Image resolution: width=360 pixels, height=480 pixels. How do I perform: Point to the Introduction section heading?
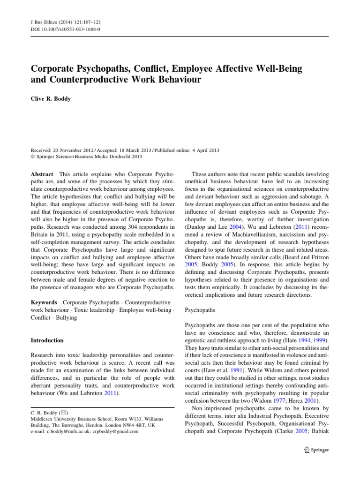pos(47,340)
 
